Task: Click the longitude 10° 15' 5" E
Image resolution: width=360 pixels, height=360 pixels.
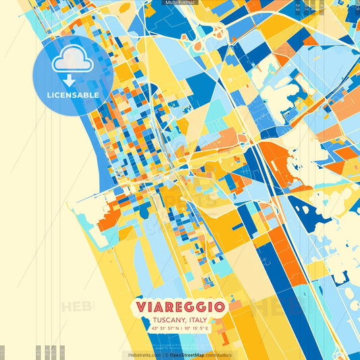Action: pos(196,329)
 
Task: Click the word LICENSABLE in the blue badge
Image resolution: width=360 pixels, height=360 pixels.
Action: pos(73,95)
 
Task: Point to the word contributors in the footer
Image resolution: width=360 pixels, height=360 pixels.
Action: pos(218,355)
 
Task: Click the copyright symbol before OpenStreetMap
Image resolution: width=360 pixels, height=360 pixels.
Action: pos(166,355)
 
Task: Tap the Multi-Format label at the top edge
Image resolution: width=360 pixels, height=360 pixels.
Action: pos(179,3)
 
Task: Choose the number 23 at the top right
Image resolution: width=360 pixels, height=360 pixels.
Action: pos(298,7)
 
